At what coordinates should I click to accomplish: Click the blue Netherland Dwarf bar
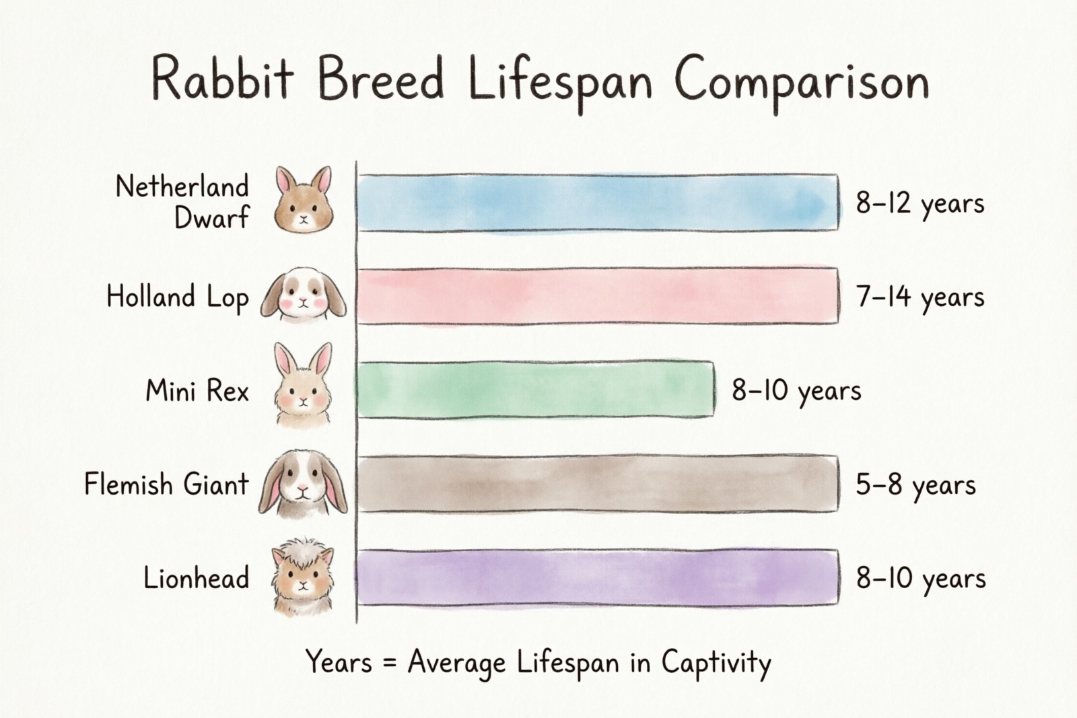click(598, 203)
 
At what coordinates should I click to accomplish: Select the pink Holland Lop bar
click(598, 296)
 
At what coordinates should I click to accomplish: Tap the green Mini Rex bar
click(535, 390)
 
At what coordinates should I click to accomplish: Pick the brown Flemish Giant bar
click(598, 484)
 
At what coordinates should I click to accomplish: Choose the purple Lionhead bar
click(598, 577)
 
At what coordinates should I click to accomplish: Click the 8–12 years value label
click(919, 203)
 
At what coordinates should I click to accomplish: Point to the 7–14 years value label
click(919, 297)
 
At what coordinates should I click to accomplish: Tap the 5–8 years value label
click(915, 484)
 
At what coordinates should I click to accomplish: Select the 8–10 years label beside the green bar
click(796, 391)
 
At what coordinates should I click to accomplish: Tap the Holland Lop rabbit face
click(304, 296)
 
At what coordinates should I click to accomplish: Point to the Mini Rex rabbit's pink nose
click(303, 400)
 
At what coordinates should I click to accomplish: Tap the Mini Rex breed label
click(197, 391)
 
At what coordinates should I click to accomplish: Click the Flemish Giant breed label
click(166, 484)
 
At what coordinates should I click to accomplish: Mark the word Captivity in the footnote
click(716, 663)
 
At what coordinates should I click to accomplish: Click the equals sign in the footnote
click(389, 663)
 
